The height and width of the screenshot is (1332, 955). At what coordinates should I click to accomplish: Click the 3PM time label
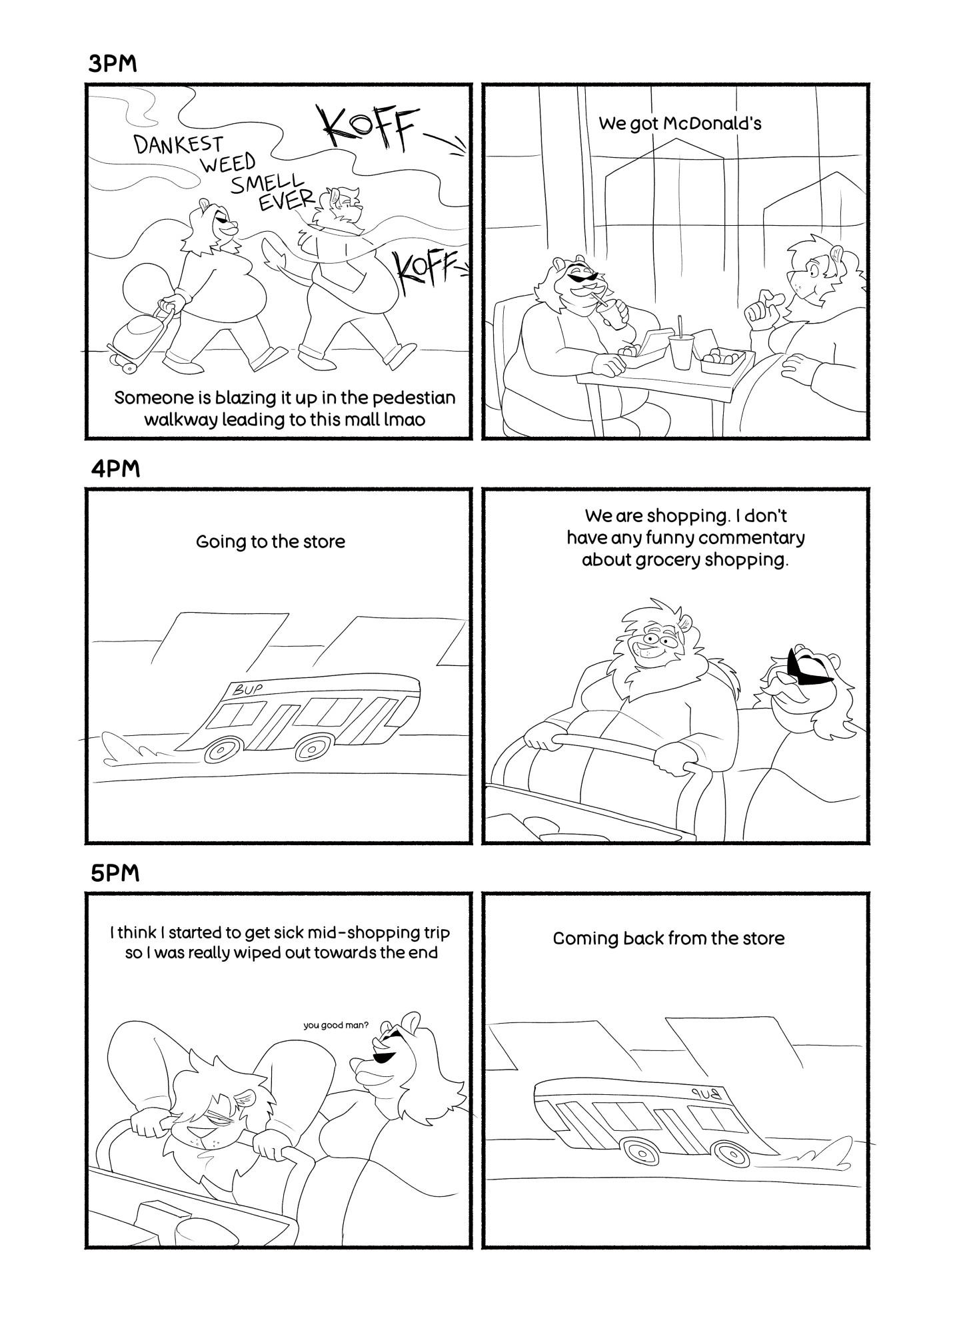coord(113,65)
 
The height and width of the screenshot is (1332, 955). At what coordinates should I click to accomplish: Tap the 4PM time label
coord(115,469)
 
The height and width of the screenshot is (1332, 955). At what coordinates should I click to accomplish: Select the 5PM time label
coord(115,873)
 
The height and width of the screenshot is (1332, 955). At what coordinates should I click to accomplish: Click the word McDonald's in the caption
coord(712,123)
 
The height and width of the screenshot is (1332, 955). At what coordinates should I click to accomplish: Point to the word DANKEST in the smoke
coord(179,144)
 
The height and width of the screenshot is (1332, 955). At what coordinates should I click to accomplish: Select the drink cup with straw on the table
coord(681,344)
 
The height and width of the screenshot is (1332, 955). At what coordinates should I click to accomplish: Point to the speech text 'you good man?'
coord(336,1025)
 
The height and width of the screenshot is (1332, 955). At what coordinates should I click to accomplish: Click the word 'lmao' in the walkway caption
coord(404,420)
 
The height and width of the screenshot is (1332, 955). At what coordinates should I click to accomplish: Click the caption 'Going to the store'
coord(271,542)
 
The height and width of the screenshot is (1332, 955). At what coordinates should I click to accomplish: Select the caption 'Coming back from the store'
coord(668,938)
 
